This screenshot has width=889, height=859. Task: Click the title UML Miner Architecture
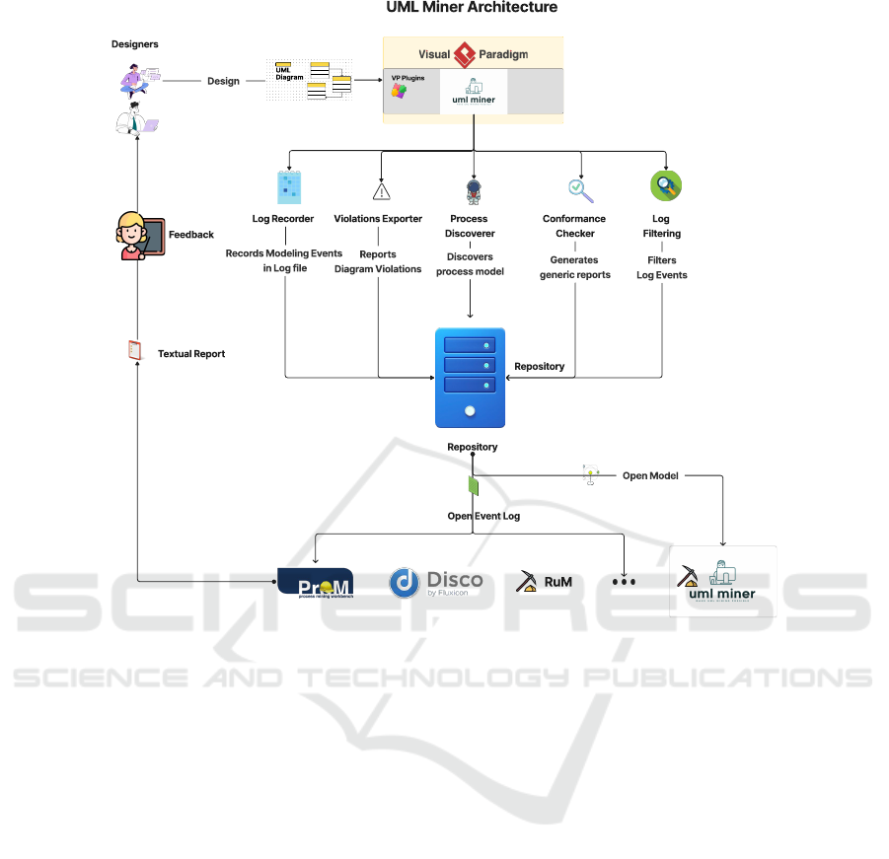point(472,8)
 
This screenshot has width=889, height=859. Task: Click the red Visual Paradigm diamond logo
point(465,54)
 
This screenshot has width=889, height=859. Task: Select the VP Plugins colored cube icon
point(399,91)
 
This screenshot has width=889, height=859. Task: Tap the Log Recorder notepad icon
point(289,187)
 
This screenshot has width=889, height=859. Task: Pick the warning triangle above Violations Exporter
point(381,190)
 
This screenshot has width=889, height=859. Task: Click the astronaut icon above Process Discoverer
point(473,190)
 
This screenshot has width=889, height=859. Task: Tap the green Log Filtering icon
point(666,185)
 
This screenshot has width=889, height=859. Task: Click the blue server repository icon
point(470,378)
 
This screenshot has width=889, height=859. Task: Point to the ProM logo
point(315,583)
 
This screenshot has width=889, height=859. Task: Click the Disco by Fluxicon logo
point(435,583)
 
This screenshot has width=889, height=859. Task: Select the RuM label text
point(557,582)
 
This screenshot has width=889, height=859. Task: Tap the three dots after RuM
point(624,582)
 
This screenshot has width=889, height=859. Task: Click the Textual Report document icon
point(136,350)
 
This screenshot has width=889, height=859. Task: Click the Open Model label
point(649,475)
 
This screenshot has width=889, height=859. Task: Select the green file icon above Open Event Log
point(474,485)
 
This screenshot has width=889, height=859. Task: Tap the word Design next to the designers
point(223,81)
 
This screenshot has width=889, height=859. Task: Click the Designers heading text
point(134,44)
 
